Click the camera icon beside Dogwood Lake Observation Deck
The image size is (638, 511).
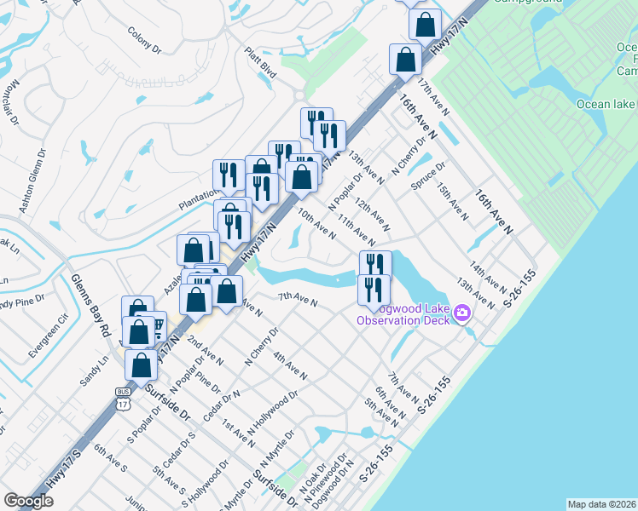tap(462, 313)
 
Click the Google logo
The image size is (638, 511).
tap(29, 501)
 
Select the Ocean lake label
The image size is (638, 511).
tap(606, 104)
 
